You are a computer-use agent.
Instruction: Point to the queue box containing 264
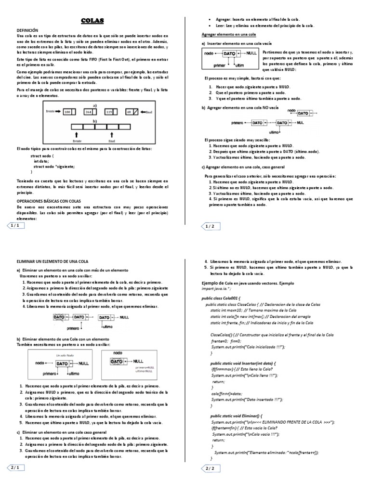(89, 112)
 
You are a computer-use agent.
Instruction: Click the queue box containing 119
(109, 112)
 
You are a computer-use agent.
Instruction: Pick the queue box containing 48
(130, 112)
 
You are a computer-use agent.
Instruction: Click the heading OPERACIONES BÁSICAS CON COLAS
(49, 200)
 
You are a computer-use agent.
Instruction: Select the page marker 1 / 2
(210, 226)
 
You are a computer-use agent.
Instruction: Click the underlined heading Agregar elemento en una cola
(228, 35)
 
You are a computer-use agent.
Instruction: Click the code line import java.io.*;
(216, 289)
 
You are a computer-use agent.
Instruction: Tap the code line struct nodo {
(42, 156)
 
